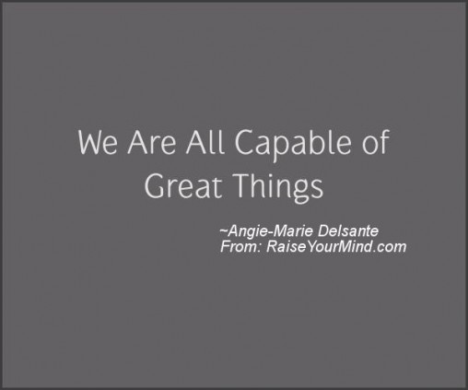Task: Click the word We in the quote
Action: coord(98,143)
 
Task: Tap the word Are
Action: coord(152,143)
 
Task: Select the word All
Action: coord(205,142)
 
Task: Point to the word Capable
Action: coord(293,145)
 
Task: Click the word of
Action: coord(376,142)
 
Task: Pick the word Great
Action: coord(183,185)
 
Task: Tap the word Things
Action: coord(278,187)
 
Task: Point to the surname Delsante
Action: coord(348,230)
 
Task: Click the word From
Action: coord(240,247)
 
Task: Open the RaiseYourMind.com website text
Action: coord(336,247)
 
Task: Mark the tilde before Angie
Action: coord(224,230)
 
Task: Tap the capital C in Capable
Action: coord(246,143)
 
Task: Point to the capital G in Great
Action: coord(156,185)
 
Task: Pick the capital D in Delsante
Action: coord(323,230)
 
